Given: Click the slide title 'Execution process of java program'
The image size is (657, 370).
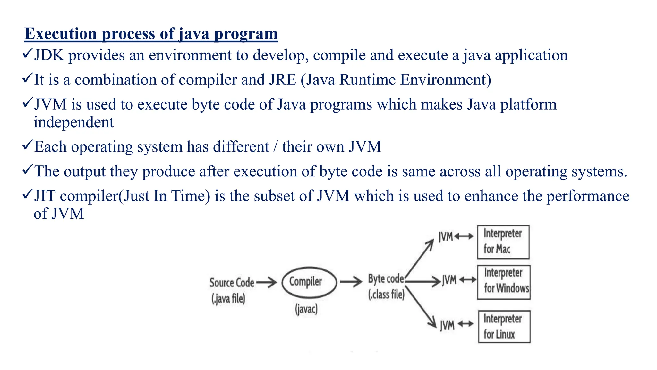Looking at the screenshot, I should pyautogui.click(x=151, y=34).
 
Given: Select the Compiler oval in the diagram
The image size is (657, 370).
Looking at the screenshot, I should pyautogui.click(x=309, y=282).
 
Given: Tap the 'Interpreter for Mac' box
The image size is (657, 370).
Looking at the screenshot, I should pyautogui.click(x=503, y=242).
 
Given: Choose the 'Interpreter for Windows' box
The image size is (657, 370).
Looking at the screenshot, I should pyautogui.click(x=504, y=282).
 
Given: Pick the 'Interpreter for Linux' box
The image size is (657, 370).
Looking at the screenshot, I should pyautogui.click(x=504, y=326).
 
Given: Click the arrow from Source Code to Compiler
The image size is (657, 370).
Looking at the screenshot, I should pyautogui.click(x=267, y=282).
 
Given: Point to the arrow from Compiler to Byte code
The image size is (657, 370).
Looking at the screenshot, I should pyautogui.click(x=351, y=282).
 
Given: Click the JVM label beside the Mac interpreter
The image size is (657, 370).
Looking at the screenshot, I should pyautogui.click(x=446, y=237).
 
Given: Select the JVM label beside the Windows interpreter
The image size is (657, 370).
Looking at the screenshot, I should pyautogui.click(x=449, y=280).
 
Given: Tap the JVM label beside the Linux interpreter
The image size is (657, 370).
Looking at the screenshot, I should pyautogui.click(x=447, y=325).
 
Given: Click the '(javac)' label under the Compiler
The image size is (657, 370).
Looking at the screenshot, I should pyautogui.click(x=306, y=309).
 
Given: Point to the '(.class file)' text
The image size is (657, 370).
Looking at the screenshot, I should pyautogui.click(x=386, y=294).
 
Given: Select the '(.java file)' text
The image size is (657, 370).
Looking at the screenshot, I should pyautogui.click(x=228, y=299).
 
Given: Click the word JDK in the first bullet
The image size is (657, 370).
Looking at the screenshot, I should pyautogui.click(x=49, y=55).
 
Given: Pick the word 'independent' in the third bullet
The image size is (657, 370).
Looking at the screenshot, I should pyautogui.click(x=74, y=122).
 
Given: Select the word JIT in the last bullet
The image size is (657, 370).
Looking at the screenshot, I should pyautogui.click(x=45, y=196).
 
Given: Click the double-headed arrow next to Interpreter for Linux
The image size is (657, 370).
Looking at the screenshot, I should pyautogui.click(x=465, y=324).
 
